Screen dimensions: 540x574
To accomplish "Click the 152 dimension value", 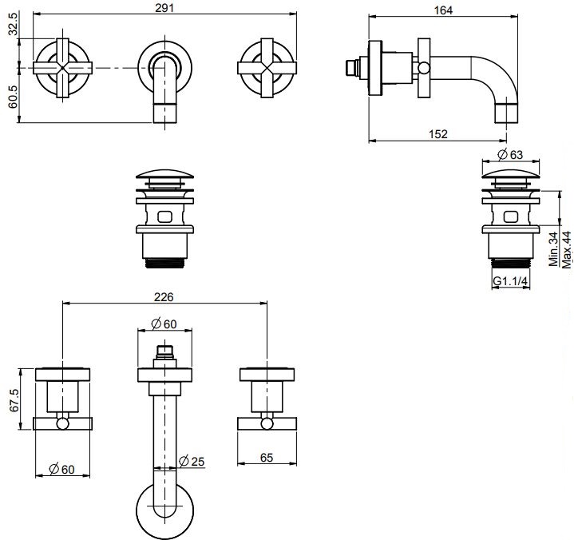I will (x=438, y=133).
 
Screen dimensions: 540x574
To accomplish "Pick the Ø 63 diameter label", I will (x=510, y=153).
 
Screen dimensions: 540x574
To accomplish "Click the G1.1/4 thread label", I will (x=509, y=282).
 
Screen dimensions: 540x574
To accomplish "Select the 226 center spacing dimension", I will (x=163, y=296).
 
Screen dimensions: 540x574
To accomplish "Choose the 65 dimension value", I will (x=267, y=459).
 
